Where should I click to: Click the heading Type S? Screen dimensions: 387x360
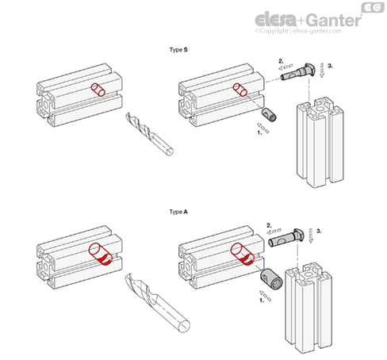click(x=178, y=50)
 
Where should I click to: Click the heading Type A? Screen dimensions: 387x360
click(x=178, y=212)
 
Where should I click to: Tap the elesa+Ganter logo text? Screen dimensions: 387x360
click(x=308, y=20)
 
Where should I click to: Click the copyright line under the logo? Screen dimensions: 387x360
click(x=298, y=31)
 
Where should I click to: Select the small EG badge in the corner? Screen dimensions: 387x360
click(x=373, y=8)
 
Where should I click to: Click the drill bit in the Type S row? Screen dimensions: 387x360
click(x=149, y=134)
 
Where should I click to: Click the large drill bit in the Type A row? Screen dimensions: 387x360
click(x=157, y=302)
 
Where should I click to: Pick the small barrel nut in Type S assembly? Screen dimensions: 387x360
click(x=269, y=115)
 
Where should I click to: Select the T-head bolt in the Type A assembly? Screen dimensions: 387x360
click(x=286, y=238)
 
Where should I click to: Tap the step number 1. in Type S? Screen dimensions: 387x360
click(x=260, y=132)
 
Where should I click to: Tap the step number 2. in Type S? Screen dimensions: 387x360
click(x=281, y=61)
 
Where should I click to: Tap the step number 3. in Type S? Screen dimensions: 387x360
click(x=330, y=66)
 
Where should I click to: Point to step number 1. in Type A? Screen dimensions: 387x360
click(x=262, y=301)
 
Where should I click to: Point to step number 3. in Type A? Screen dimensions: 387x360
click(x=319, y=231)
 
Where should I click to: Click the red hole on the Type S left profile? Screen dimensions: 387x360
click(x=98, y=90)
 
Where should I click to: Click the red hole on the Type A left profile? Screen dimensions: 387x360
click(x=101, y=255)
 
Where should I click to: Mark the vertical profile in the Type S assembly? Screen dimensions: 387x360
click(x=320, y=142)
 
